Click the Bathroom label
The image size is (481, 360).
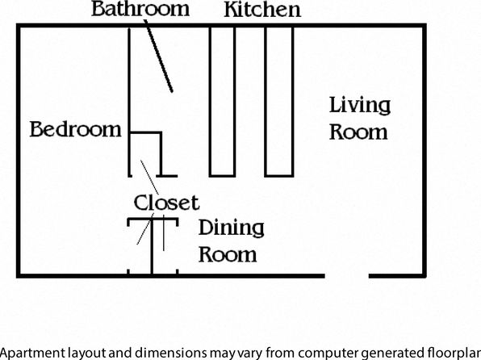point(140,9)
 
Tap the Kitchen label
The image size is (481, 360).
point(262,10)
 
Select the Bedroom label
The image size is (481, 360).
point(76,129)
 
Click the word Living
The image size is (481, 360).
point(360,107)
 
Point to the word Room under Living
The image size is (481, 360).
point(358,132)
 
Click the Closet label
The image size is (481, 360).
point(166,203)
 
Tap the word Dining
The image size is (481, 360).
point(232,228)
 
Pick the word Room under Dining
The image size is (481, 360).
point(228,254)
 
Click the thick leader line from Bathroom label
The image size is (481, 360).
point(158,56)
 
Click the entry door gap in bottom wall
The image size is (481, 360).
point(347,276)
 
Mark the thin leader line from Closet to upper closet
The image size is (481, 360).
point(149,177)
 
